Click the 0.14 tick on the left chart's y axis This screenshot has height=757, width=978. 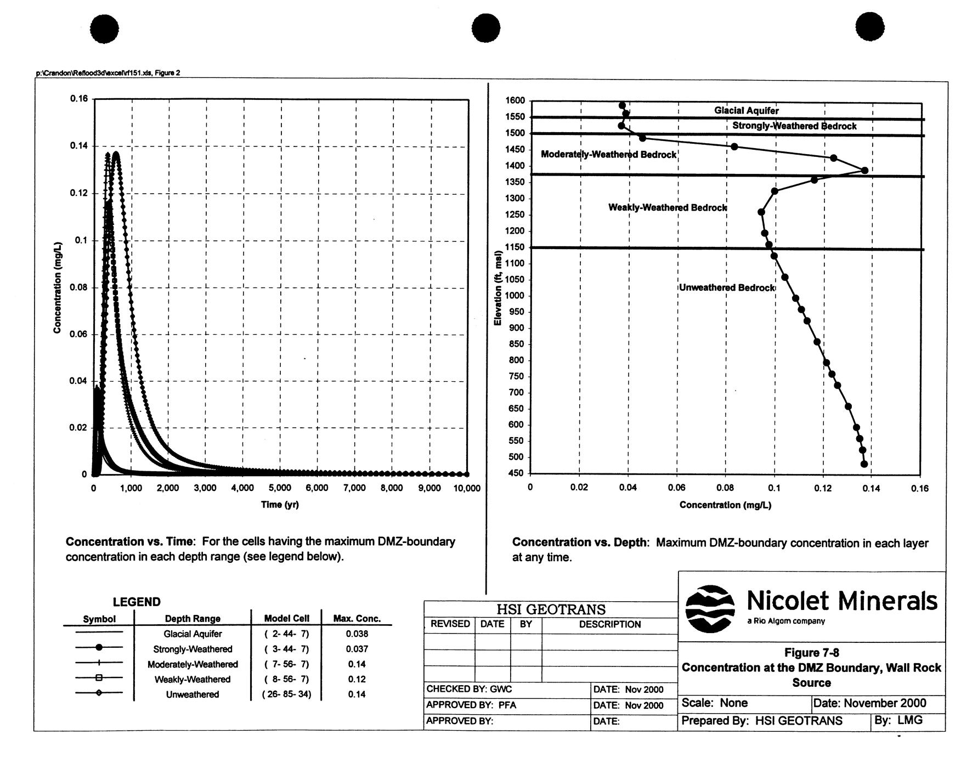78,146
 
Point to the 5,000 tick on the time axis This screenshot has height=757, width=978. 280,488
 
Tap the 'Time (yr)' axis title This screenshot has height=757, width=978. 280,504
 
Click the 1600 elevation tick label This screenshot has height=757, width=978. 516,101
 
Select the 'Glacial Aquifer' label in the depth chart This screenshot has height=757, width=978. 746,111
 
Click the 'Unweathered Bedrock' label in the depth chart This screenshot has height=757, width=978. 727,288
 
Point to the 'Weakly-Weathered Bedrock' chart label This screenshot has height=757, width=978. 668,207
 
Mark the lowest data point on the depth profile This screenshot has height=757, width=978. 864,464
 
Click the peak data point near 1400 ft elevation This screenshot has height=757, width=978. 864,171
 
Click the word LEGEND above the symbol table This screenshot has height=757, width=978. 137,602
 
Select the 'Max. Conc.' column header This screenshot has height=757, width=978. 357,619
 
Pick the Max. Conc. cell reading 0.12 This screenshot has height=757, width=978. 357,679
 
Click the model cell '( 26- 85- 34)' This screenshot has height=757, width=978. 287,694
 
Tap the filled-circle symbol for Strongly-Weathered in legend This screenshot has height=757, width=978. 99,649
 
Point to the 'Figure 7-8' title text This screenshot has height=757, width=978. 811,653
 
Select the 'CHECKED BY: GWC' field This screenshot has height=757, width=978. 469,689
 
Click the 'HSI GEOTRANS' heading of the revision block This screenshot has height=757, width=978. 551,609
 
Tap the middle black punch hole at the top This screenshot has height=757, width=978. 485,27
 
